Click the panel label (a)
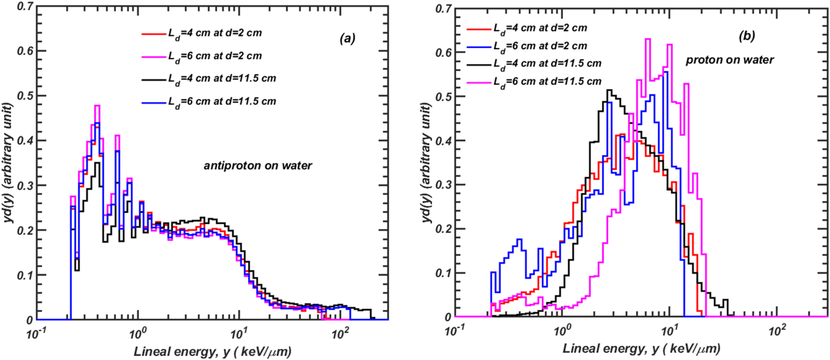347,38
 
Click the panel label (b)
747,36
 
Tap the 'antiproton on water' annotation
258,166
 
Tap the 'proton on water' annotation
730,60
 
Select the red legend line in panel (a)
153,34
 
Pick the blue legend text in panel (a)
222,102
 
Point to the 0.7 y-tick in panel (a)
25,7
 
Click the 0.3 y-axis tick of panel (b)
443,185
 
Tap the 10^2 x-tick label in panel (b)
776,331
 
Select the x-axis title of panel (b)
641,348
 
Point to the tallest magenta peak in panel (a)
97,106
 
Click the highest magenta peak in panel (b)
648,40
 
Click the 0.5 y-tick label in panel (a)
25,96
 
